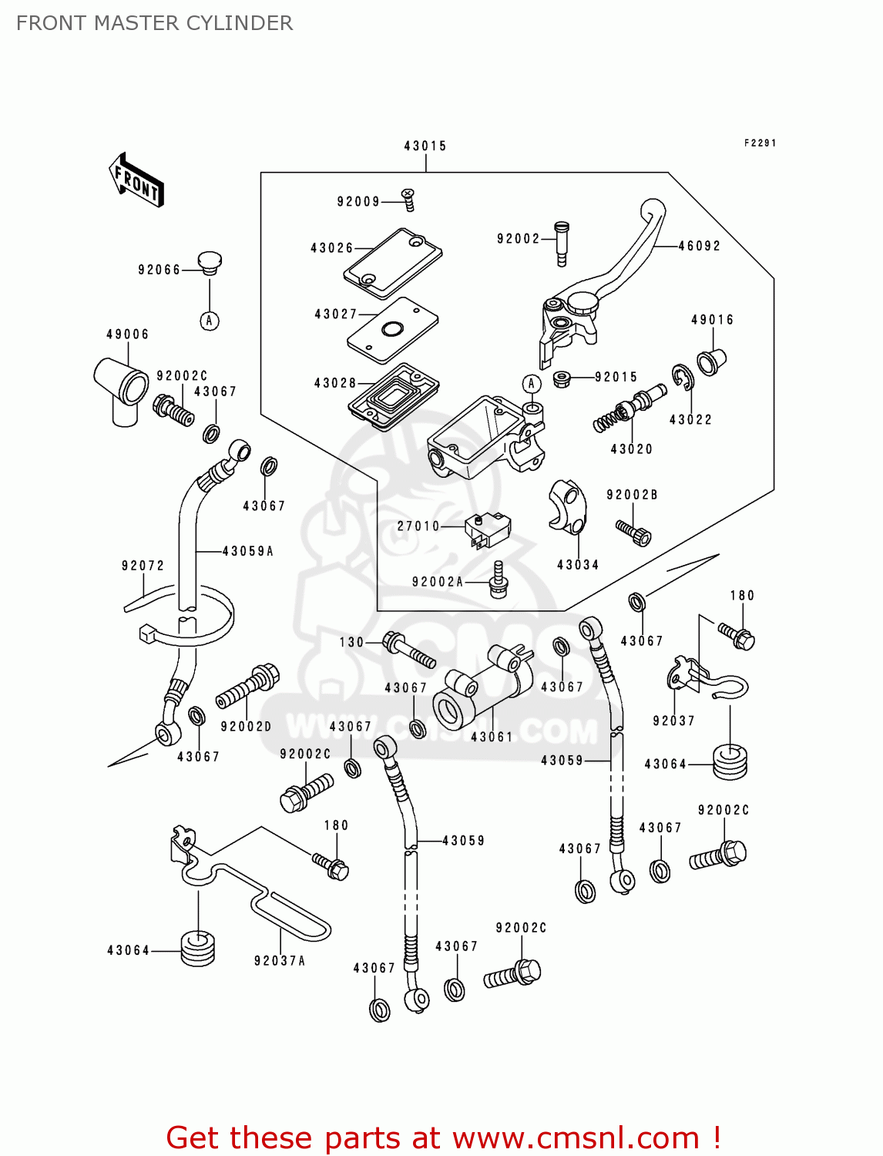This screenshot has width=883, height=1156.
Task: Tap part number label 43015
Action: pyautogui.click(x=425, y=146)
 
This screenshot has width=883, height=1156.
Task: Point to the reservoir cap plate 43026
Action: pyautogui.click(x=393, y=263)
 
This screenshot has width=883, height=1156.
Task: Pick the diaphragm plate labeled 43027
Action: pyautogui.click(x=393, y=329)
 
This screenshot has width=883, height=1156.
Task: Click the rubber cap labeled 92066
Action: pyautogui.click(x=209, y=262)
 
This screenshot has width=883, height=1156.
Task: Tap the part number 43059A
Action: pyautogui.click(x=247, y=551)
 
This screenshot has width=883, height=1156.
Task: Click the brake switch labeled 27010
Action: pyautogui.click(x=488, y=530)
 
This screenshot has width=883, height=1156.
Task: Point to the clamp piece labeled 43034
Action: pyautogui.click(x=568, y=508)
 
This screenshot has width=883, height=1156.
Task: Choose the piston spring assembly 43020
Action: pyautogui.click(x=629, y=408)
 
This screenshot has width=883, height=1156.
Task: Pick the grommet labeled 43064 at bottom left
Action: pyautogui.click(x=198, y=949)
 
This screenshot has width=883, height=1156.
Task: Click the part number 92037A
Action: pyautogui.click(x=280, y=960)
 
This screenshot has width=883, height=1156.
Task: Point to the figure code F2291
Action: pyautogui.click(x=760, y=143)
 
